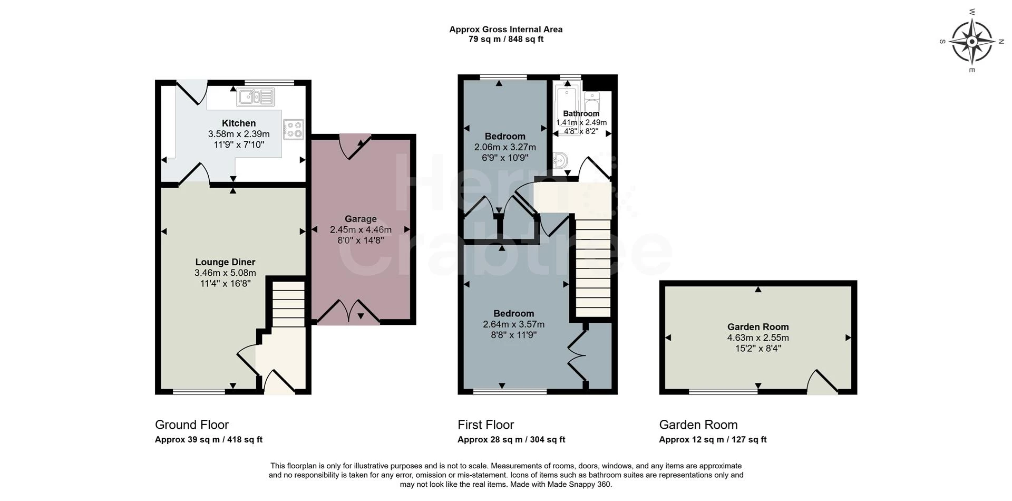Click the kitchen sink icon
[x=256, y=97]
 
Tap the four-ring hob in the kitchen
[x=293, y=130]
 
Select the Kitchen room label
[x=239, y=123]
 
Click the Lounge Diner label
[x=225, y=262]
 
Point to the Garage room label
[x=361, y=219]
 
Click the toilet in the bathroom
[x=592, y=101]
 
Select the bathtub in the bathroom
[x=567, y=108]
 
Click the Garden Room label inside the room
[x=758, y=327]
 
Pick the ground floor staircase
[x=288, y=305]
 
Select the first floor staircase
[x=592, y=268]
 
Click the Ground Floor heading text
[x=192, y=425]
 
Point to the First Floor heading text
[x=485, y=425]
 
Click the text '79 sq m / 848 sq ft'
[x=506, y=39]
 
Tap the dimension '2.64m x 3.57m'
[x=514, y=324]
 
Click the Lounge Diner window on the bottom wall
[x=199, y=392]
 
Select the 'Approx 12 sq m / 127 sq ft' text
[x=713, y=440]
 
